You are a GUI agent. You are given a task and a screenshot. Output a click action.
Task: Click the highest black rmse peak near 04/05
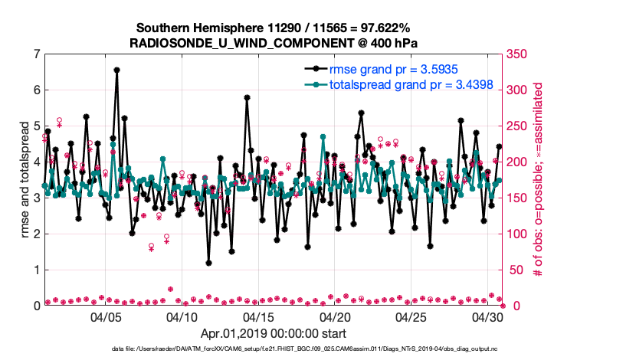click(116, 70)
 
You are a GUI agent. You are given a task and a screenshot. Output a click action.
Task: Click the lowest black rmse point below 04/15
click(208, 263)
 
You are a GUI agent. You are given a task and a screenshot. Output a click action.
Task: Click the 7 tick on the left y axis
click(36, 54)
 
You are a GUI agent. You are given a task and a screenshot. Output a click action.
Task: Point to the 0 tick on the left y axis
click(36, 306)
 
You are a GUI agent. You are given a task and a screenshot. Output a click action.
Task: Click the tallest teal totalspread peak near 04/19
click(323, 139)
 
